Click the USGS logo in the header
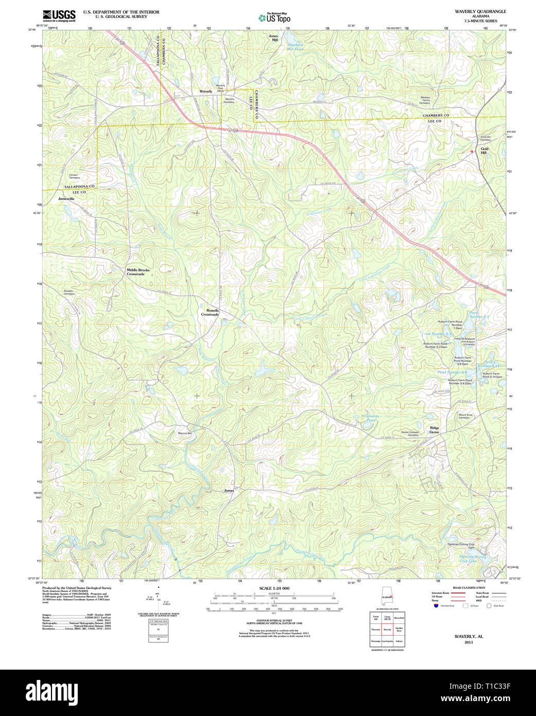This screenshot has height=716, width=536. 59,15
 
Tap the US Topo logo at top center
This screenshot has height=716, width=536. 274,18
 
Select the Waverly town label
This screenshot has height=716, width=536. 205,91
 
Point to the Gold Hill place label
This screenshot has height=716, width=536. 484,151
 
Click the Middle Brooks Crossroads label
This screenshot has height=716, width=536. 138,272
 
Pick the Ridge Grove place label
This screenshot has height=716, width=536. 435,430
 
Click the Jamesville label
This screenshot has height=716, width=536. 66,198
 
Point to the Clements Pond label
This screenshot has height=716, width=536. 371,418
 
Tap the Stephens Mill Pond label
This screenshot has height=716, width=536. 296,46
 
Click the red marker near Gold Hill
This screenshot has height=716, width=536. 471,151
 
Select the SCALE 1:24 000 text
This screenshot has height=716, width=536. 274,588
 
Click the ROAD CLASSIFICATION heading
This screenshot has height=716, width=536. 469,588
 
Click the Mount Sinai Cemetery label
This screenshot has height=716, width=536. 465,416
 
